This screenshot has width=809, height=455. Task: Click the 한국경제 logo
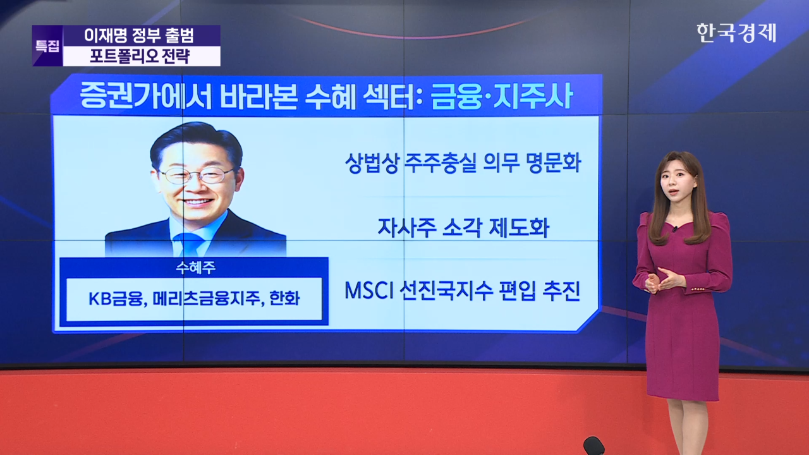click(736, 33)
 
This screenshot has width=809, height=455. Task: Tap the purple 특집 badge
click(47, 46)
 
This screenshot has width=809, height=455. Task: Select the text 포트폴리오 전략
click(140, 56)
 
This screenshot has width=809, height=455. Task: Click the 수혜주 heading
click(195, 267)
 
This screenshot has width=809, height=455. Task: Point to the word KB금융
click(115, 299)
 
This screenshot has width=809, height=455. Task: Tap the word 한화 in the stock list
click(284, 299)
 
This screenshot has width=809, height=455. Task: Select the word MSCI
click(368, 290)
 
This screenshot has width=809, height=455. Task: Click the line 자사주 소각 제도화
click(463, 227)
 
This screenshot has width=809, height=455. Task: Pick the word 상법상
click(372, 163)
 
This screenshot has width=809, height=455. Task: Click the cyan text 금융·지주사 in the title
click(502, 96)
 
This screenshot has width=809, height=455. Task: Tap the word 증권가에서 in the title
click(145, 96)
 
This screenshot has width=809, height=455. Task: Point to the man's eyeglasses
click(197, 176)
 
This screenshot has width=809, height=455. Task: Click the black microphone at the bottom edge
click(593, 446)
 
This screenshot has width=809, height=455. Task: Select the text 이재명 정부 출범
click(140, 35)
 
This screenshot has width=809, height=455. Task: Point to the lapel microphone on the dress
click(674, 229)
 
